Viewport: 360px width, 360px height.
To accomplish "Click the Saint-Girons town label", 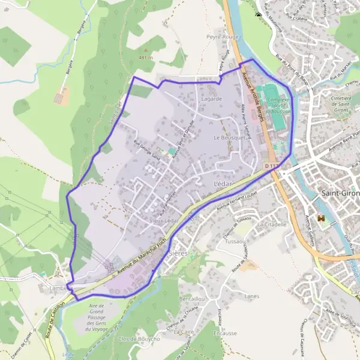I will (340, 193).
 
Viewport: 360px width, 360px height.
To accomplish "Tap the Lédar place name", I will (223, 182).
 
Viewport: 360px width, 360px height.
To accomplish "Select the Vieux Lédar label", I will (165, 221).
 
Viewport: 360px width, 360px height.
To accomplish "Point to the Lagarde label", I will (212, 98).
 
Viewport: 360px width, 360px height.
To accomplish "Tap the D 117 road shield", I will (271, 166).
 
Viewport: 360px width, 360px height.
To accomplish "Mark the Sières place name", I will (178, 253).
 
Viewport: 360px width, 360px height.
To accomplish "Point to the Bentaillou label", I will (192, 298).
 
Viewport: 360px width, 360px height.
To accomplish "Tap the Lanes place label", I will (252, 296).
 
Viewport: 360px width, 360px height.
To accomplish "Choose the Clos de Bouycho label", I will (139, 339).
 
